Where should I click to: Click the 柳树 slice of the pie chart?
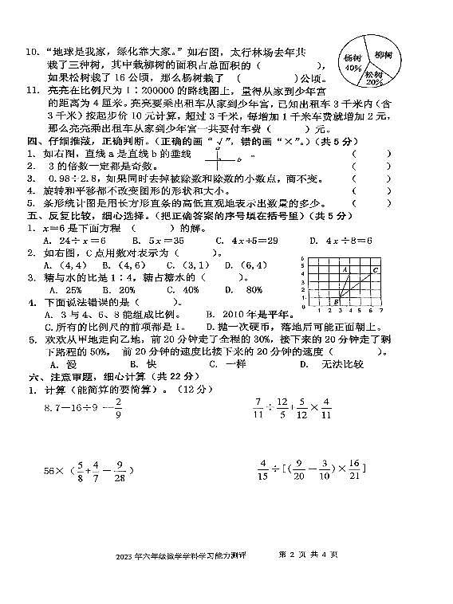click(x=382, y=55)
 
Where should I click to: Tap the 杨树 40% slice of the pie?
click(x=353, y=63)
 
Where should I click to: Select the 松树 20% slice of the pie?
click(x=373, y=76)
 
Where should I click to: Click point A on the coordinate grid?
click(x=345, y=270)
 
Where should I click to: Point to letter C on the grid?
click(x=375, y=270)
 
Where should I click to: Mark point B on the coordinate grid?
click(x=336, y=301)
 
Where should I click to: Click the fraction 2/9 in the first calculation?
click(x=118, y=409)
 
